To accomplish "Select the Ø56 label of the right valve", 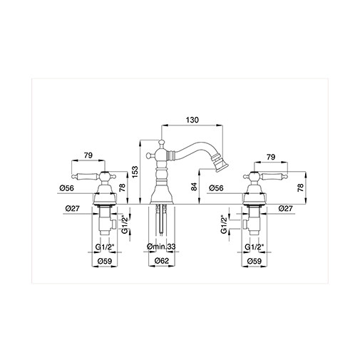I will click(219, 187).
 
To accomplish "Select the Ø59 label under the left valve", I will click(105, 261).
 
